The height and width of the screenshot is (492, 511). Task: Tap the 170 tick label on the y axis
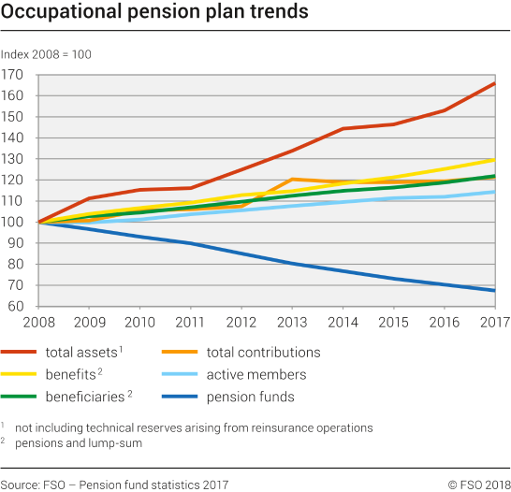pyautogui.click(x=13, y=75)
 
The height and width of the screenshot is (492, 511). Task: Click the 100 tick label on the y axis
pyautogui.click(x=13, y=223)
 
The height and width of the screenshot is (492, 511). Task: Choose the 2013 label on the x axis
pyautogui.click(x=292, y=324)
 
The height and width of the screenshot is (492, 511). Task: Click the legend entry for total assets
pyautogui.click(x=82, y=353)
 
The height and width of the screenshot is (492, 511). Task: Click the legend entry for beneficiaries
pyautogui.click(x=84, y=397)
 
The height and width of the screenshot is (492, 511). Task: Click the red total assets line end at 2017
pyautogui.click(x=494, y=83)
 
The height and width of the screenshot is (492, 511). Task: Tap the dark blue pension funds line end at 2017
pyautogui.click(x=494, y=291)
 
